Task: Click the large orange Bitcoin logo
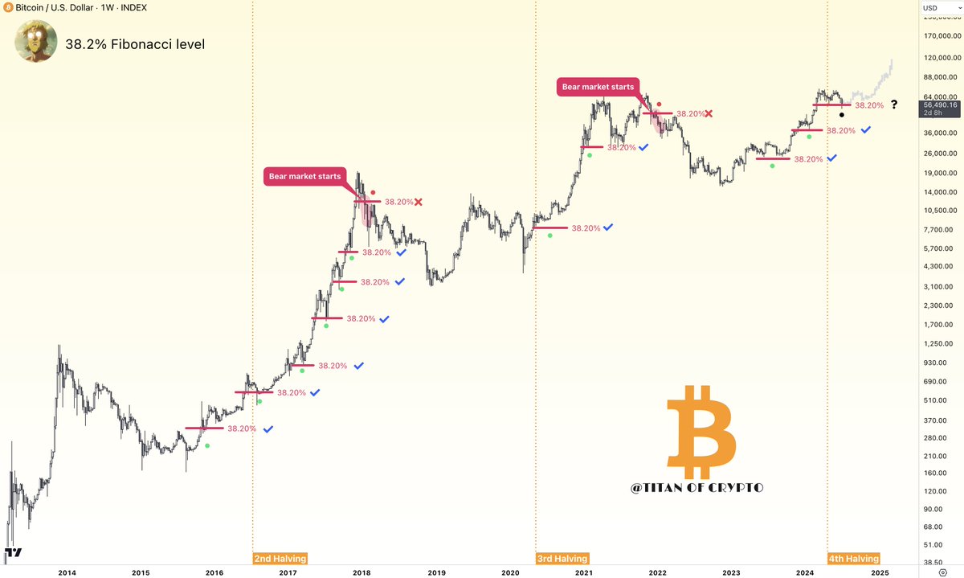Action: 701,430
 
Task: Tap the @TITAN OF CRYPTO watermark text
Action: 696,488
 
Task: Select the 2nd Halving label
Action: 280,558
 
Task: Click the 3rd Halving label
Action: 562,558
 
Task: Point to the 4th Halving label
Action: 853,558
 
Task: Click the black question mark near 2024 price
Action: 893,105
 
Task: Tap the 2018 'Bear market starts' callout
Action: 304,177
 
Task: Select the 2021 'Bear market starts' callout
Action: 597,87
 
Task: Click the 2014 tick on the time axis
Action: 67,572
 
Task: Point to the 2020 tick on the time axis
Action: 510,572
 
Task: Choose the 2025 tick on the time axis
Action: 879,572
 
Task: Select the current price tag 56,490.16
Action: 941,105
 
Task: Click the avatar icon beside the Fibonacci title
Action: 35,42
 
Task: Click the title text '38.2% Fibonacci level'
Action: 135,44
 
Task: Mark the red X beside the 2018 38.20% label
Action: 419,202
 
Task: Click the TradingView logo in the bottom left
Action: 13,552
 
